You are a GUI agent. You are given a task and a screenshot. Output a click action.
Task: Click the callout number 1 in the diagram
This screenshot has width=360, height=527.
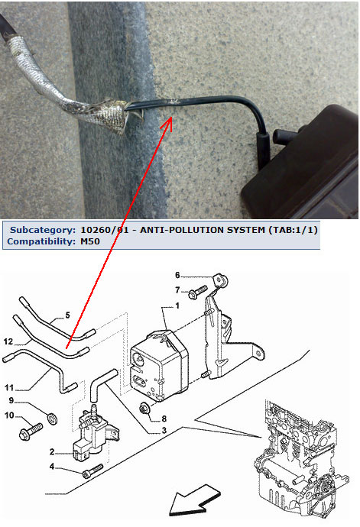pos(177,306)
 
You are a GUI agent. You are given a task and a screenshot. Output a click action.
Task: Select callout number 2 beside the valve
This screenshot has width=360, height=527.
pos(52,451)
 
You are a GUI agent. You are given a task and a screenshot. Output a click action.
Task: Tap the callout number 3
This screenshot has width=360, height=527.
pos(164,430)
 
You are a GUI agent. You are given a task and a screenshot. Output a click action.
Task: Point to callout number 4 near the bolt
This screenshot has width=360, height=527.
pos(52,466)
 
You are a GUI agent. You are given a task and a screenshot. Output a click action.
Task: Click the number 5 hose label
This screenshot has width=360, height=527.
pos(67,315)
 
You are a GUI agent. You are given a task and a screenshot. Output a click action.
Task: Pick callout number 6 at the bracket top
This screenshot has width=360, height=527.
pos(177,275)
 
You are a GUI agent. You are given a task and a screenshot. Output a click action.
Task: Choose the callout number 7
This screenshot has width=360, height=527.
pos(177,289)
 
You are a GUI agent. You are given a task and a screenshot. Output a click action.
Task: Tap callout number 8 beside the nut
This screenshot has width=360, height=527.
pos(164,419)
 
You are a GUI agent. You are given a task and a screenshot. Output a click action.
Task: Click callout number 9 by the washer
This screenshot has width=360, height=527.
pos(11,400)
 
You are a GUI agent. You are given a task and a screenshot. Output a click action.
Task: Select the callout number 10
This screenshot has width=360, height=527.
pos(9,415)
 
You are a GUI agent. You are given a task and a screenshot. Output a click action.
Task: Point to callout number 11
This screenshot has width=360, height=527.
pos(9,387)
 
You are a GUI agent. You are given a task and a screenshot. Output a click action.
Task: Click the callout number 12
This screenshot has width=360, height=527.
pos(8,342)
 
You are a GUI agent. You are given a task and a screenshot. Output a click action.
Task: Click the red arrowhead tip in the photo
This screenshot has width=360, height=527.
pos(171,118)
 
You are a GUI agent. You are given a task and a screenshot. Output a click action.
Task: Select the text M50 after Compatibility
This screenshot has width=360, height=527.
pos(90,241)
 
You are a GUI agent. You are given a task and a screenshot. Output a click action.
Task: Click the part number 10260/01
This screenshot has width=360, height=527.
pos(105,230)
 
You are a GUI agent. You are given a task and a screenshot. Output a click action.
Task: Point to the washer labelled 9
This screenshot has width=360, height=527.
pos(53,419)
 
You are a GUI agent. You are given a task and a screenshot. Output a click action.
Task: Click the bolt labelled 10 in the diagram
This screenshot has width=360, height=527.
pos(31,432)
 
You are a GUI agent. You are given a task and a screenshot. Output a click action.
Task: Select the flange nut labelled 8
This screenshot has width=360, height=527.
pos(144,408)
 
